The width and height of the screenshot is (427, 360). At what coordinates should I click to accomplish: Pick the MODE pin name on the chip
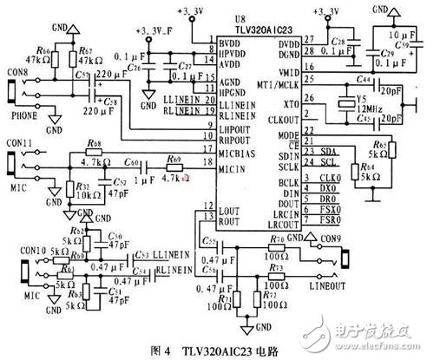coord(287,136)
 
